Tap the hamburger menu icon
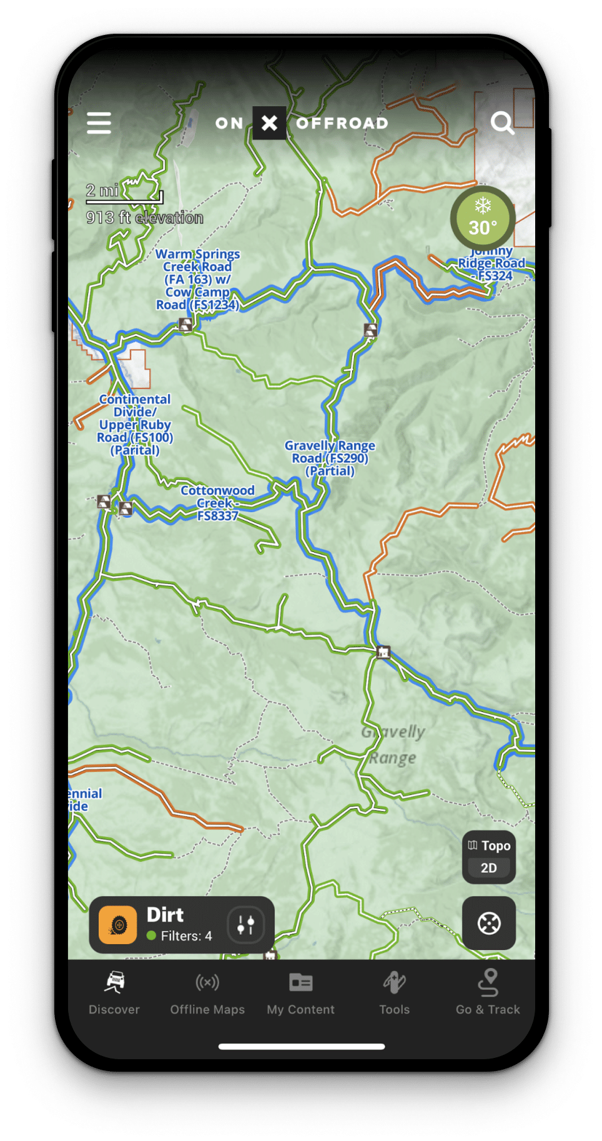99,123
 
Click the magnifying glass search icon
501,123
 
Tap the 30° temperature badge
483,219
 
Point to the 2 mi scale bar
124,195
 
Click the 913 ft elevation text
145,218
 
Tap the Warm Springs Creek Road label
197,279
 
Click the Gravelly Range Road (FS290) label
330,458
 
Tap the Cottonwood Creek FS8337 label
217,503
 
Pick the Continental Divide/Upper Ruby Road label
135,425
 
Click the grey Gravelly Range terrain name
393,745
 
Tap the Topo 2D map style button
489,856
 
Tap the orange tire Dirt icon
118,924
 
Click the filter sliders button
245,924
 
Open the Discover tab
114,992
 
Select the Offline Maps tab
207,992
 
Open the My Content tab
301,992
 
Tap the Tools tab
394,992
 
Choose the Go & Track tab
488,992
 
